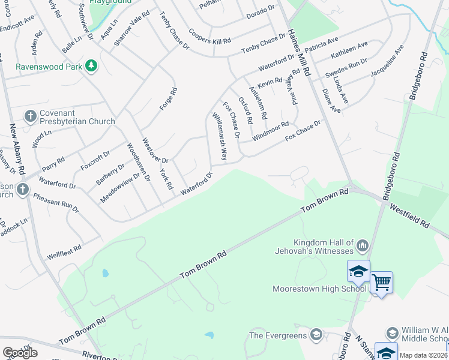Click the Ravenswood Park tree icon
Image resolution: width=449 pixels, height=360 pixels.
tap(91, 65)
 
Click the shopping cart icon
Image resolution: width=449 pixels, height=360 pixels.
tap(382, 282)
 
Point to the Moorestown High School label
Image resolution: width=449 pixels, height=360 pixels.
tap(319, 288)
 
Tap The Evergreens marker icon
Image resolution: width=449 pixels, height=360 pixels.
tap(316, 335)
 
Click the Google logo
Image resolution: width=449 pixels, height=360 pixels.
tap(20, 353)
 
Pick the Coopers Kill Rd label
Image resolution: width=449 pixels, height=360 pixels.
tap(209, 36)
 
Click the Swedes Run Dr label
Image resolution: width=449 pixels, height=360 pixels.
tap(346, 68)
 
